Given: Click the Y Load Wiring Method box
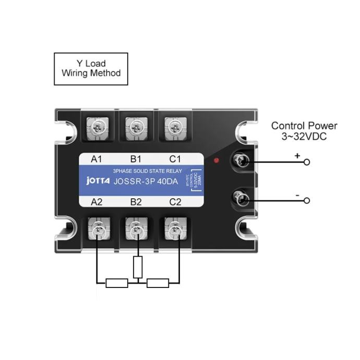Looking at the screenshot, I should (91, 68).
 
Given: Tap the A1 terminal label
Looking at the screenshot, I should (97, 159).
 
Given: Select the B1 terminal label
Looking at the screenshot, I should (136, 159).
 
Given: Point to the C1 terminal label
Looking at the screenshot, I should (175, 159).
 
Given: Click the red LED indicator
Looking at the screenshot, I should (216, 161).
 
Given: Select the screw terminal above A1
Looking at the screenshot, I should (97, 126).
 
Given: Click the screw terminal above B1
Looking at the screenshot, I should (136, 126).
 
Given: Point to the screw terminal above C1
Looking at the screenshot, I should (175, 126).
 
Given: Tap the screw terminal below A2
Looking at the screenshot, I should (97, 228).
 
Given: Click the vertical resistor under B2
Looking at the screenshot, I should (138, 267).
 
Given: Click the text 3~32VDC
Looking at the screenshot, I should (304, 136).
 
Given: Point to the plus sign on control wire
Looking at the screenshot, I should (297, 155).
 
